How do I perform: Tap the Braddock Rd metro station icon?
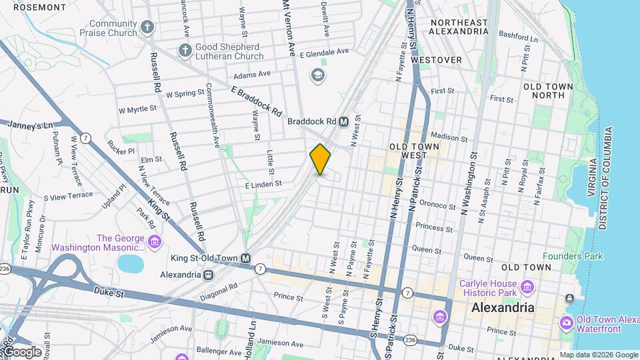coord(344,121)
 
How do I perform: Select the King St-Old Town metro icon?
coord(246,258)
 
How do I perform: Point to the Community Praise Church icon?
coord(147,27)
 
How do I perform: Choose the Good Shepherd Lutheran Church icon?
coord(185,51)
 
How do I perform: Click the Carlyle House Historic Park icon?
coord(527,287)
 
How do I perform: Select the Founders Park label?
coord(572,256)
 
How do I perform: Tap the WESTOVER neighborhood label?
coord(437,60)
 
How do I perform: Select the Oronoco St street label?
coord(437,205)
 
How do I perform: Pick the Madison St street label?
coord(449,137)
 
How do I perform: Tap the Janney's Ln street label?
coord(29,125)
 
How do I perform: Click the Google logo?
coord(22,351)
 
